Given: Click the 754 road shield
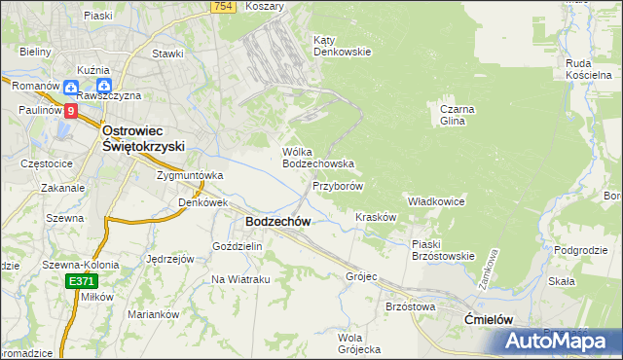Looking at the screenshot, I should (222, 7).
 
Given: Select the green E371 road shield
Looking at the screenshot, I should (83, 281).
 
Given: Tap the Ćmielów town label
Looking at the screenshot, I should (488, 320).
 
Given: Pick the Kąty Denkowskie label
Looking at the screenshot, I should (341, 46).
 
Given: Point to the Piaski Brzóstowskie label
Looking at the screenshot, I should (442, 250).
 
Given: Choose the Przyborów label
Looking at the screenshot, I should (338, 186).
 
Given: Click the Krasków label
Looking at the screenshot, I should (376, 217).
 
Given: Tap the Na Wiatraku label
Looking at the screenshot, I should (239, 280).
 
